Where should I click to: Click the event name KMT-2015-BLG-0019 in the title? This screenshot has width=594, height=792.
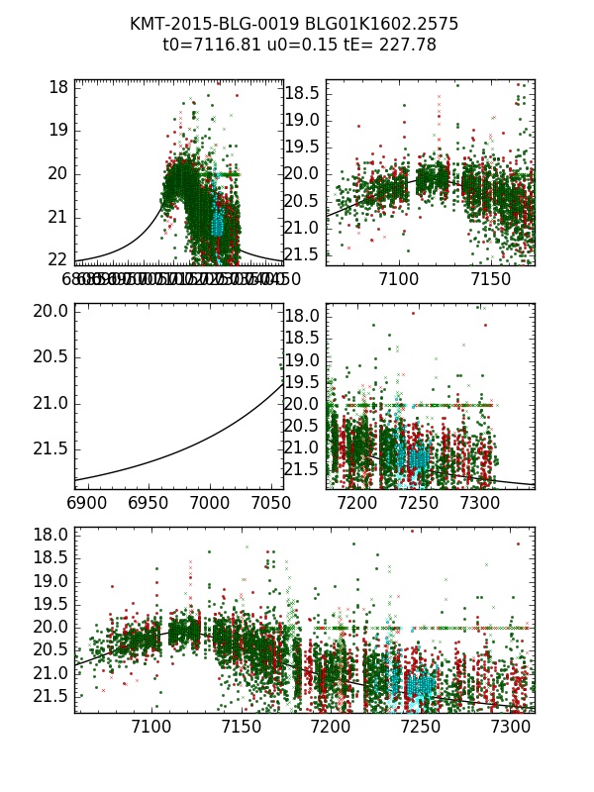pos(204,24)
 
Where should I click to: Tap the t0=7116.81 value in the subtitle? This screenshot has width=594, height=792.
pos(207,45)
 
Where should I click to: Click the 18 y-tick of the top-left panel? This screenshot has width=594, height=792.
pos(57,87)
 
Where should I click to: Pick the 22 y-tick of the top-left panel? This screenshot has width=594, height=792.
pos(57,259)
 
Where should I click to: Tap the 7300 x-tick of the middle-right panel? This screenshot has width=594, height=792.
pos(480,503)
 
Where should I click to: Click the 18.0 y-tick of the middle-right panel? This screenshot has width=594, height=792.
pos(303,316)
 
